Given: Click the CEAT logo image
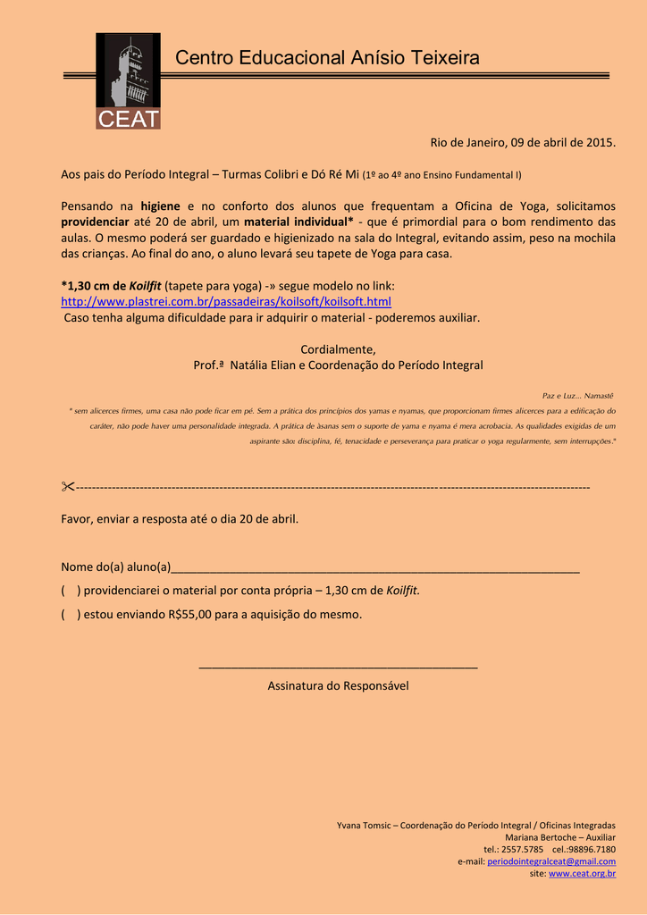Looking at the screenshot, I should pyautogui.click(x=128, y=81).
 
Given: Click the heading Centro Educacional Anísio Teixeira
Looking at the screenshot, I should pyautogui.click(x=327, y=58).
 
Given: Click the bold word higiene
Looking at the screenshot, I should pyautogui.click(x=161, y=206).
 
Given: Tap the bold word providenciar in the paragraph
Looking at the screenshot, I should pyautogui.click(x=95, y=222).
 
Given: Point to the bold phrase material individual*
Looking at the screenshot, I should pyautogui.click(x=298, y=222).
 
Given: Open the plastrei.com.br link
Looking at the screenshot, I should pyautogui.click(x=225, y=301).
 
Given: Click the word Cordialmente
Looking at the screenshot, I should pyautogui.click(x=338, y=348).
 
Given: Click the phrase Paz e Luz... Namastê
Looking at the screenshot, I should pyautogui.click(x=578, y=395).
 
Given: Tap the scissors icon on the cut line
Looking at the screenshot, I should pyautogui.click(x=68, y=487).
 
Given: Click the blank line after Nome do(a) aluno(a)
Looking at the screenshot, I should pyautogui.click(x=374, y=567).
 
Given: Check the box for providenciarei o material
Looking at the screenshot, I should pyautogui.click(x=70, y=591).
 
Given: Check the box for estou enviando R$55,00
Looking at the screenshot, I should pyautogui.click(x=70, y=614).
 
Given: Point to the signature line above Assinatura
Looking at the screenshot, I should pyautogui.click(x=338, y=667).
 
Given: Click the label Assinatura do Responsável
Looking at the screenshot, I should pyautogui.click(x=338, y=685).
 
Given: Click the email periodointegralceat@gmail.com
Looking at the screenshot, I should pyautogui.click(x=550, y=861).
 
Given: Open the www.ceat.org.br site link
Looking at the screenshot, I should pyautogui.click(x=582, y=873).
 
